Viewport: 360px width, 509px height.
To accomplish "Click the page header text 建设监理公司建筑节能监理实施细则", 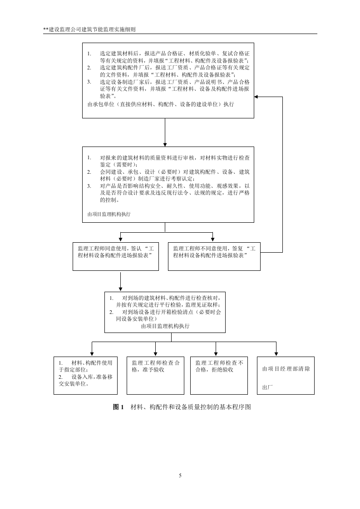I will [91, 29].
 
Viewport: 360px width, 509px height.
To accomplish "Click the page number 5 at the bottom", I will [180, 475].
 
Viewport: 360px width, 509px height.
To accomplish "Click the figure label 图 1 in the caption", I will [118, 407].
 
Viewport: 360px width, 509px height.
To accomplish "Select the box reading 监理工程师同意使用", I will [116, 257].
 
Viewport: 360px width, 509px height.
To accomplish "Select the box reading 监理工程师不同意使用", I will [214, 257].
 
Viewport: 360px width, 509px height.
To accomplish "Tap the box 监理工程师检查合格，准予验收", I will [155, 374].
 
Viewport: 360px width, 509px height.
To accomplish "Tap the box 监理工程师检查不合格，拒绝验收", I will [219, 374].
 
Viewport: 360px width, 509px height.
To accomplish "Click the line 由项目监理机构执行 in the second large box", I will [109, 214].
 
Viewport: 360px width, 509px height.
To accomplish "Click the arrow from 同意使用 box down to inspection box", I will [120, 281].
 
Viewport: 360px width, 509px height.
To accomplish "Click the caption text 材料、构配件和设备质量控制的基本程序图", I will [191, 407].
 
